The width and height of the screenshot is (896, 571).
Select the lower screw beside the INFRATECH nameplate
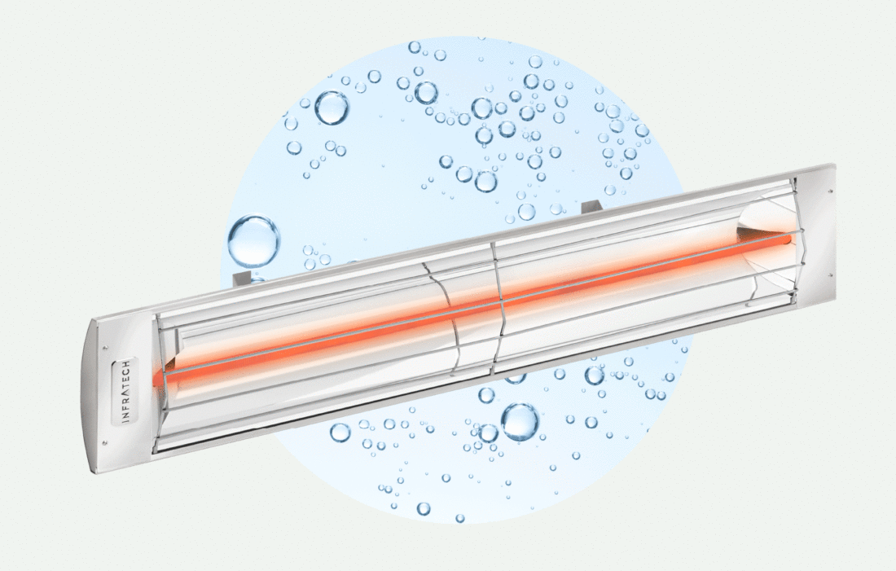point(105,441)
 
